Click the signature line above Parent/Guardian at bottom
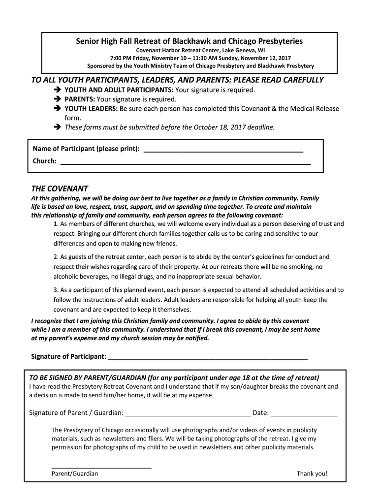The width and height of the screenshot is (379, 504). (101, 467)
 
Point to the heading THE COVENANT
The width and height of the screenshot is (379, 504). (60, 189)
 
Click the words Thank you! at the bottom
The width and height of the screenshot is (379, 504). (312, 474)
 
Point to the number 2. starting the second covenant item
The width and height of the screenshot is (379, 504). (56, 257)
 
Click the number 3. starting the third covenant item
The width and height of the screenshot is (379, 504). (56, 290)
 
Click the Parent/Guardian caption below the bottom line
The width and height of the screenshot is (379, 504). (74, 474)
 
